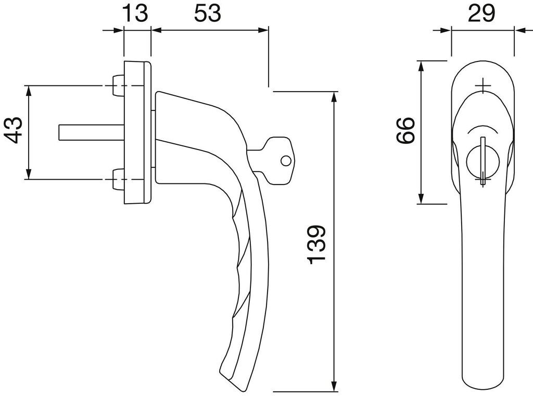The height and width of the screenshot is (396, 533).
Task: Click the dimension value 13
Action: click(135, 13)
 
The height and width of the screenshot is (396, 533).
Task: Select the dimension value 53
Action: click(207, 13)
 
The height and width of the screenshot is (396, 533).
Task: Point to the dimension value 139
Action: click(316, 244)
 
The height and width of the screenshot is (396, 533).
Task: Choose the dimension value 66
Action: click(405, 131)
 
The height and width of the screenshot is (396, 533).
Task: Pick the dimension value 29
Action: click(481, 14)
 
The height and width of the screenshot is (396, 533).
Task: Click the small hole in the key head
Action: click(286, 160)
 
